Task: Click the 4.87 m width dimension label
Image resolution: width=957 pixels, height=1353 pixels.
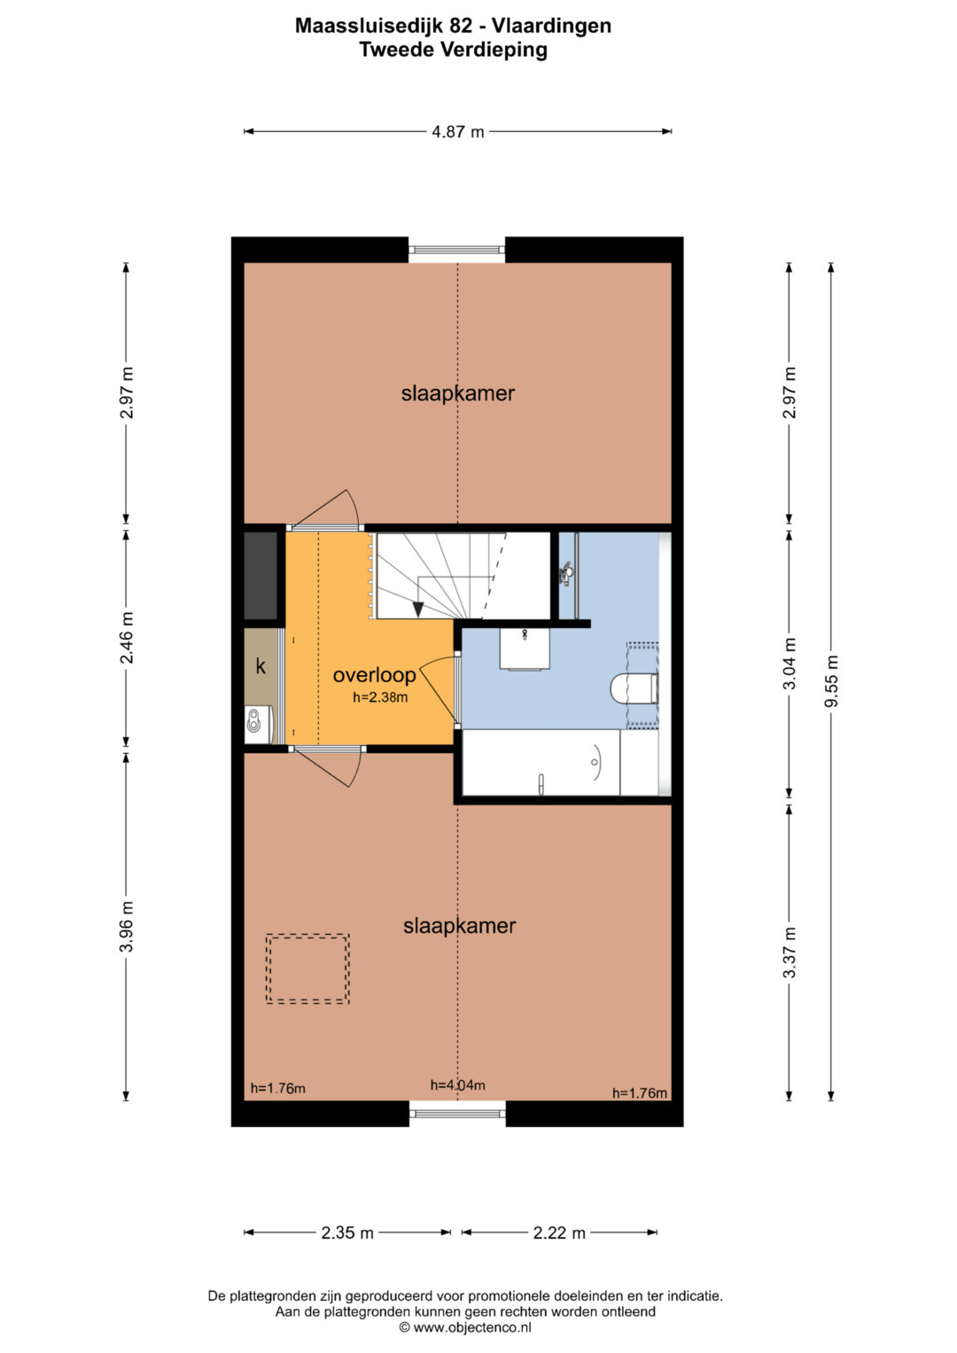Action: pos(457,132)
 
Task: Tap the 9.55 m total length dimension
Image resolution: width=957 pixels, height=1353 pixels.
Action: pos(832,680)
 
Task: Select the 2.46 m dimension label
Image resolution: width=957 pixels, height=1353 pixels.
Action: pos(126,638)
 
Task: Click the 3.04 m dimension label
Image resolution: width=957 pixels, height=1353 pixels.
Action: pos(789,664)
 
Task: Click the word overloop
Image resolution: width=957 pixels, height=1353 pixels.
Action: pos(375,674)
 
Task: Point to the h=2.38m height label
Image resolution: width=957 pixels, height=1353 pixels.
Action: pos(381,697)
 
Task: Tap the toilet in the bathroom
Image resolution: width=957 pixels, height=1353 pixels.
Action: pos(634,688)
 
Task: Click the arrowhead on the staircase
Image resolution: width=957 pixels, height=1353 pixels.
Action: pos(417,609)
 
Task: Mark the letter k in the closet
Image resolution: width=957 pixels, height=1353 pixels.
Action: pos(261,666)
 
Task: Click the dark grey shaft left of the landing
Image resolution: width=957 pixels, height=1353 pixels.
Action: pos(261,576)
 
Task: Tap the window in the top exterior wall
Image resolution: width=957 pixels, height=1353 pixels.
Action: pos(456,250)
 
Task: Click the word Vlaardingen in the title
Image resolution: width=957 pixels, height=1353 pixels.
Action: pos(551,26)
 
